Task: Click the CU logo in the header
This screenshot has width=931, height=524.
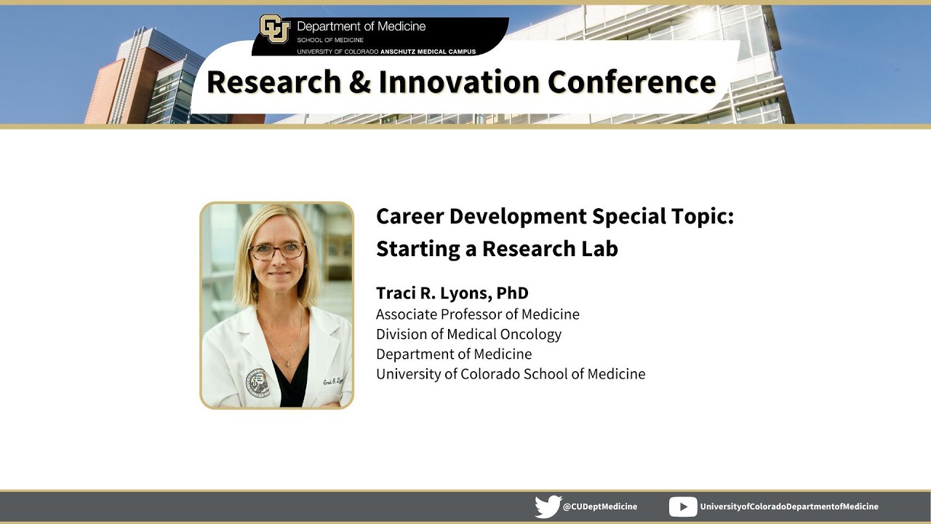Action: (274, 29)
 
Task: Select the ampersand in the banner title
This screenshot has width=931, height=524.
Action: (359, 82)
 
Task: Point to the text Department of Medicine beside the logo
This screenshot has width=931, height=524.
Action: (361, 26)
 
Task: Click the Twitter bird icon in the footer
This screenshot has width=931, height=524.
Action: (547, 507)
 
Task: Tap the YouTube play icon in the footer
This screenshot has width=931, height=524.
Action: (682, 507)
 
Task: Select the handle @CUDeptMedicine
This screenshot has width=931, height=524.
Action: (600, 507)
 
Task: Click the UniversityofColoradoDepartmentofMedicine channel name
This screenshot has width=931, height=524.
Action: (789, 507)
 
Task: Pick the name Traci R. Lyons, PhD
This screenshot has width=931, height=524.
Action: (452, 293)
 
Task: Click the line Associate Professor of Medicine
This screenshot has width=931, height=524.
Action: (477, 314)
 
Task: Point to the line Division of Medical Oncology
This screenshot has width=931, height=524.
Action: (468, 334)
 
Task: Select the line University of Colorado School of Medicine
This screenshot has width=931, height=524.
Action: (510, 374)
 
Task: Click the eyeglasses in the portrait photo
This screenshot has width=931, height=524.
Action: (277, 251)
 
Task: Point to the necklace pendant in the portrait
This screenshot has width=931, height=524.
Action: (289, 362)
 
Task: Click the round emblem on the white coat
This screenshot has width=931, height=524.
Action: (257, 381)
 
